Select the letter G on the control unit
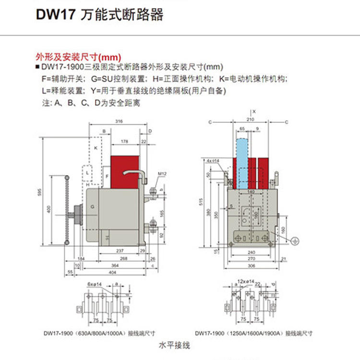point(92,207)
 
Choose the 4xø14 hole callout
point(213,160)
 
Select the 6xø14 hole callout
point(94,284)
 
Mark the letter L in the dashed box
point(87,171)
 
